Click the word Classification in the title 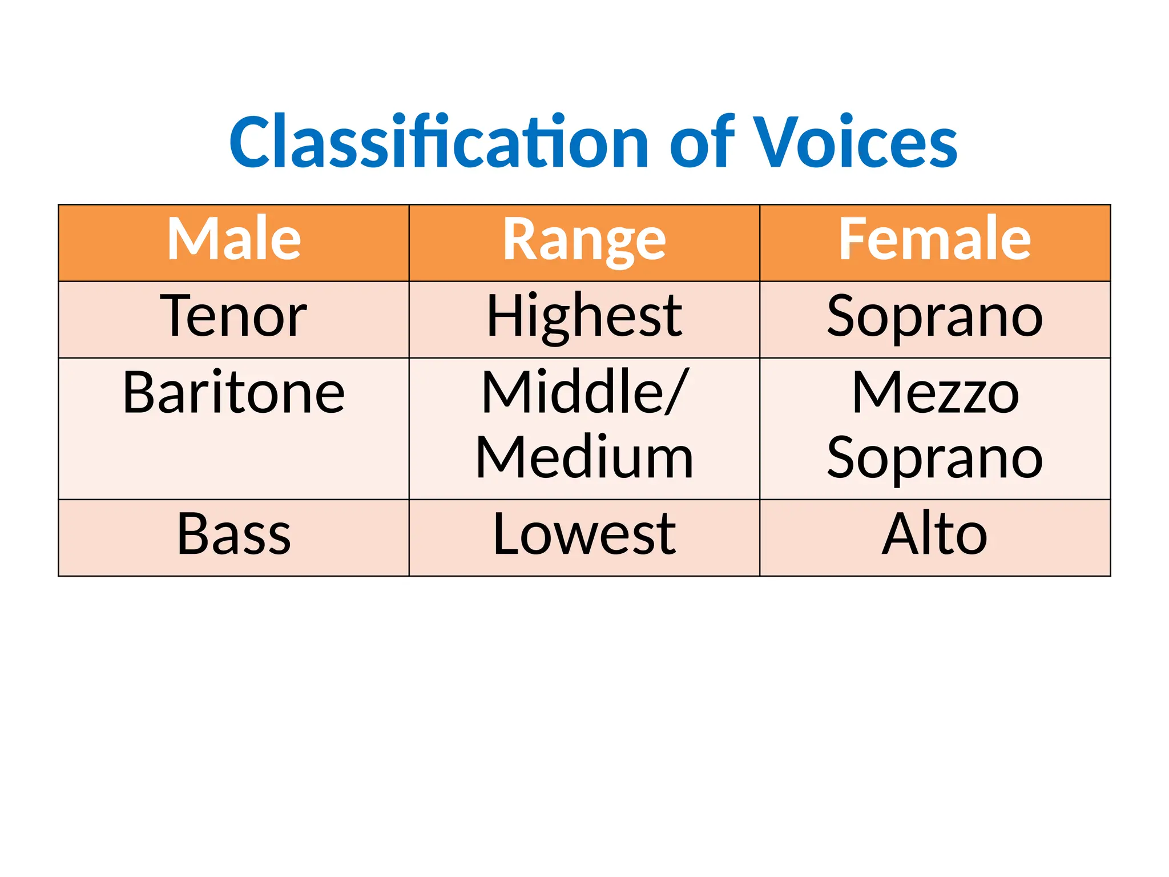[x=438, y=143]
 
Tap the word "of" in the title [x=702, y=143]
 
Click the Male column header [x=234, y=239]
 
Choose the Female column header [x=934, y=239]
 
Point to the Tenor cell [x=234, y=316]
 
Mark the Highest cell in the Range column [x=584, y=317]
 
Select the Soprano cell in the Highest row [x=934, y=317]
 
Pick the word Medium [x=584, y=458]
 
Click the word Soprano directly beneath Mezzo [x=934, y=459]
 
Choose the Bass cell [x=234, y=534]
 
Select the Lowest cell [x=584, y=534]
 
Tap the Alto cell [x=934, y=534]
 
